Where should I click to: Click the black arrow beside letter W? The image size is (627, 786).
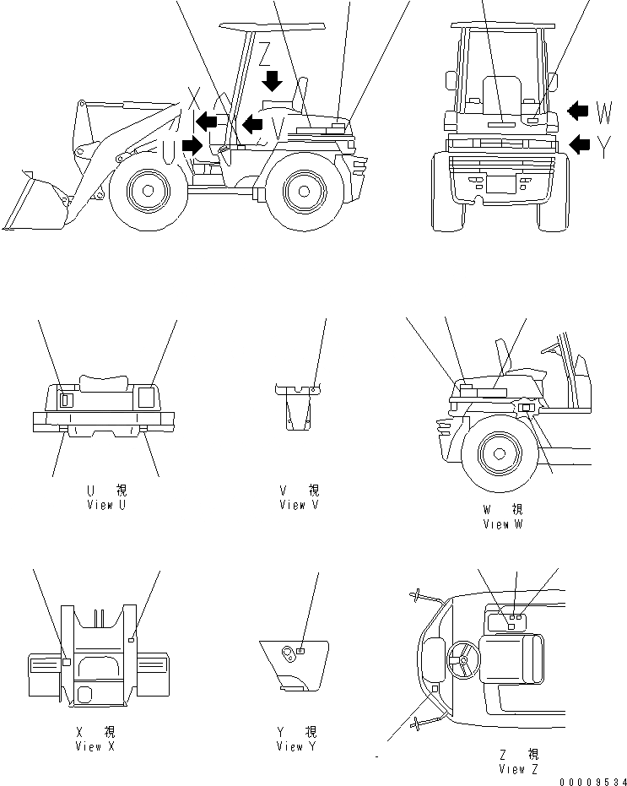(580, 110)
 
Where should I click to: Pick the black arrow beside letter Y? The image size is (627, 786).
(580, 144)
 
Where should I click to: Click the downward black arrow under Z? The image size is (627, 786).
(272, 81)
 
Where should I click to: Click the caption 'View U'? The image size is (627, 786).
(106, 505)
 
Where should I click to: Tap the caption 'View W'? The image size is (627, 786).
(502, 524)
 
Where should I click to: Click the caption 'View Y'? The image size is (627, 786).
(296, 746)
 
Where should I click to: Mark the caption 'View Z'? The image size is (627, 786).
(518, 768)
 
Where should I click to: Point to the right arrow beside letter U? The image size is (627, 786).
(192, 145)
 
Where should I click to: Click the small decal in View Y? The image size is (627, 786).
(300, 651)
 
